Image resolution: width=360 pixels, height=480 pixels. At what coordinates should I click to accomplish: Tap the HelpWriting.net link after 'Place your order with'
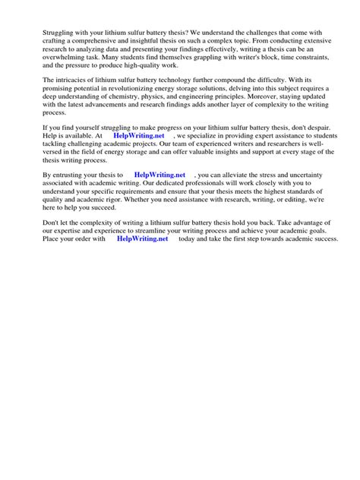[x=142, y=238]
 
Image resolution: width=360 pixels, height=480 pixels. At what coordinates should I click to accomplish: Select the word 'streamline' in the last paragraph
[x=165, y=229]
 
